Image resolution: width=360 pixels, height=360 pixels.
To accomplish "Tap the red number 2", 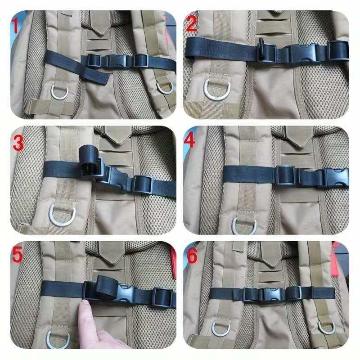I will [192, 24].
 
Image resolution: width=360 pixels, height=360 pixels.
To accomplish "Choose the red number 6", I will [192, 256].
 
